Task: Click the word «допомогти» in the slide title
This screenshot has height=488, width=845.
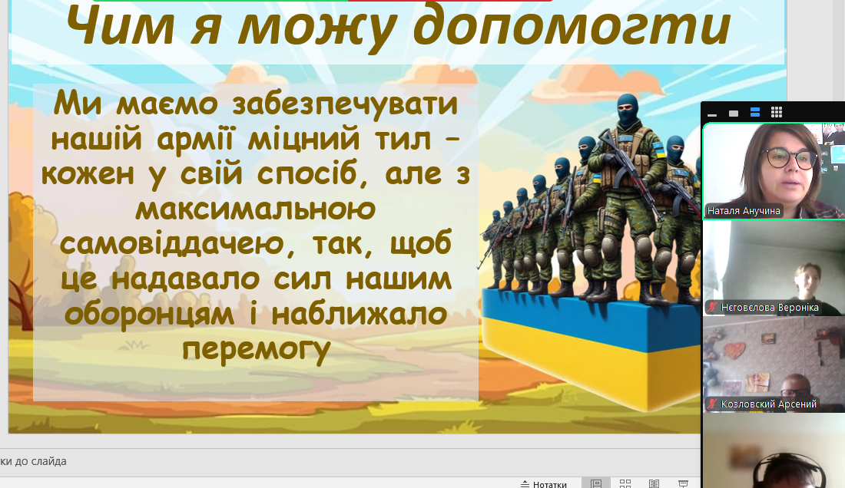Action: pos(572,27)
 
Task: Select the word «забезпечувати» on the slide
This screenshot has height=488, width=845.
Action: pos(345,104)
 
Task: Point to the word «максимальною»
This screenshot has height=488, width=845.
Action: pos(256,209)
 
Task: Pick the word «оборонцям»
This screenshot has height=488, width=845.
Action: pos(149,315)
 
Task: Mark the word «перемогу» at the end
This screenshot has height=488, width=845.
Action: pos(256,350)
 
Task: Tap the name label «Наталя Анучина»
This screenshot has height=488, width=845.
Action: pos(744,211)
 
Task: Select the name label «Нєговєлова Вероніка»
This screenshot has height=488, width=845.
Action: pos(770,308)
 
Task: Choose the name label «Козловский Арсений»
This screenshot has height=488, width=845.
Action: pos(768,404)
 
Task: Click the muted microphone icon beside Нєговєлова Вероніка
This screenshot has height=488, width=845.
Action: pos(712,308)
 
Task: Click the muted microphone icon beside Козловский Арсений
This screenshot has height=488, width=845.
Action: pos(712,404)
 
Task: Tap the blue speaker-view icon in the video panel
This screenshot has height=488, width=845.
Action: pos(755,112)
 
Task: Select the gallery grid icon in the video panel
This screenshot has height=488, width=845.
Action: pos(777,112)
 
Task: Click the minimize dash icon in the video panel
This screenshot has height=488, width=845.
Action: pos(712,114)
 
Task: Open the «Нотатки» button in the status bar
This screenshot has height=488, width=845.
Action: pos(544,484)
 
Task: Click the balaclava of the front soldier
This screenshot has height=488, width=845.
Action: pos(628,110)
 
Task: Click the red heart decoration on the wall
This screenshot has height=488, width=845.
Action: pos(734,350)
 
